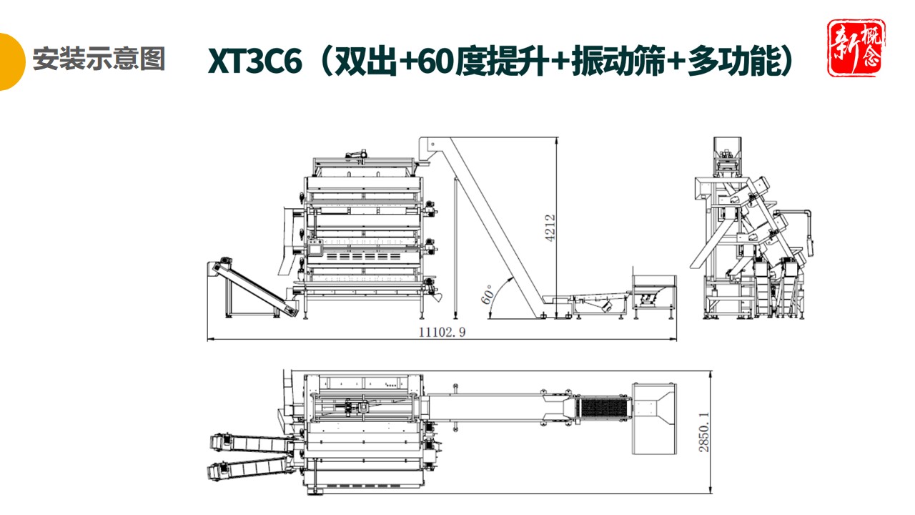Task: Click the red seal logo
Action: coord(856,48)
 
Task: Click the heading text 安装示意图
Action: coord(99,59)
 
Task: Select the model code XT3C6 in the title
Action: coord(259,62)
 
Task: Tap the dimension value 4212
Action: coord(550,229)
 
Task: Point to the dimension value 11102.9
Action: coord(441,332)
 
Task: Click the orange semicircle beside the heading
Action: coord(10,62)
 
